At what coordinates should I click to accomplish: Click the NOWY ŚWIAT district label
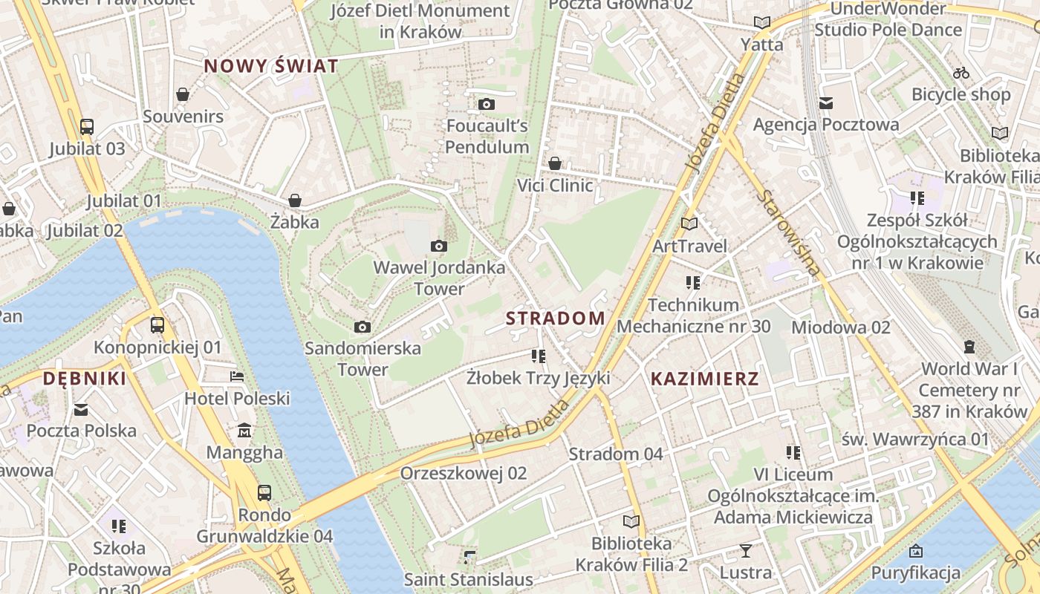coord(271,66)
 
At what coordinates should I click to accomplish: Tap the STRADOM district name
coord(556,319)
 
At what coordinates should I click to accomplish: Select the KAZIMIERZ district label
coord(705,379)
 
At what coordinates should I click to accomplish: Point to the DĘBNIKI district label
coord(84,379)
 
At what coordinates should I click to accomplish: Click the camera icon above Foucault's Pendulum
coord(487,104)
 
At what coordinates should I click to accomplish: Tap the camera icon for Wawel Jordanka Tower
coord(439,246)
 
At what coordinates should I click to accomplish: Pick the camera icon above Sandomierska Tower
coord(363,327)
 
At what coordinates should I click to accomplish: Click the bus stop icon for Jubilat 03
coord(87,127)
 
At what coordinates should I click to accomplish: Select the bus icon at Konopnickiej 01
coord(157,324)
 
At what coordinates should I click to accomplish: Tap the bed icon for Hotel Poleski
coord(237,376)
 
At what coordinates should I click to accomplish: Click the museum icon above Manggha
coord(244,431)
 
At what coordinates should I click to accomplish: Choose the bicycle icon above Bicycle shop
coord(961,73)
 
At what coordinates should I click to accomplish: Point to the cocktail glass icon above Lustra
coord(746,550)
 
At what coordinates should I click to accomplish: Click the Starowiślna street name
coord(790,232)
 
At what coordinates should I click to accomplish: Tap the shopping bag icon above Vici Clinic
coord(555,163)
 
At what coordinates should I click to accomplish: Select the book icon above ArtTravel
coord(689,223)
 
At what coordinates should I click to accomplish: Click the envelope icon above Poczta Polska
coord(81,409)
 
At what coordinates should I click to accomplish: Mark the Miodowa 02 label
coord(841,327)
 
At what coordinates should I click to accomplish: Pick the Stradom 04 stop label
coord(616,454)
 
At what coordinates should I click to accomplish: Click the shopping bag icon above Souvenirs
coord(183,94)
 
